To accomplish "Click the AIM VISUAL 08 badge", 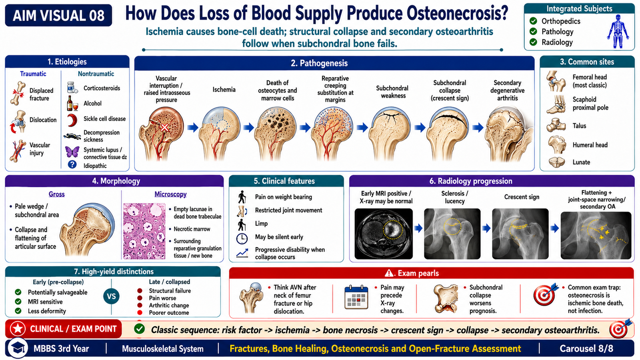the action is pos(58,16).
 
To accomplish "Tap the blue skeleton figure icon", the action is pos(618,32).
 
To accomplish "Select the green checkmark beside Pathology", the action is pos(533,32).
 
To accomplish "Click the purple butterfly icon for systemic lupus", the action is pos(72,152).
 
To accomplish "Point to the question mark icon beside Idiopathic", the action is pos(72,164).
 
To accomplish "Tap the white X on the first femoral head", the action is pos(164,128).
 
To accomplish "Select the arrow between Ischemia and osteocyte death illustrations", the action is pos(249,128).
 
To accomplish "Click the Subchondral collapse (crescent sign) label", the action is pos(450,90).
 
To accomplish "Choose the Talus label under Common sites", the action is pos(579,126).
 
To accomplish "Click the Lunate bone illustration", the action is pos(557,162).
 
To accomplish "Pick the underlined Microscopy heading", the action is pos(170,194).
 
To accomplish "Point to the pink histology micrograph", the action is pos(144,231).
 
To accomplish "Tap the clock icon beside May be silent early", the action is pos(242,238).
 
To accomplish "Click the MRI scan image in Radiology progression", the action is pos(384,234).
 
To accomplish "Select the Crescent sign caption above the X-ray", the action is pos(522,197).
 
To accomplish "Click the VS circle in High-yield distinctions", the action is pos(112,296).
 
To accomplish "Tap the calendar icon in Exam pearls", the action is pos(356,297).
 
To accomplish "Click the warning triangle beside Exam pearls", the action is pos(389,274).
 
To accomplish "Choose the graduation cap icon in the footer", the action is pos(18,348).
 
